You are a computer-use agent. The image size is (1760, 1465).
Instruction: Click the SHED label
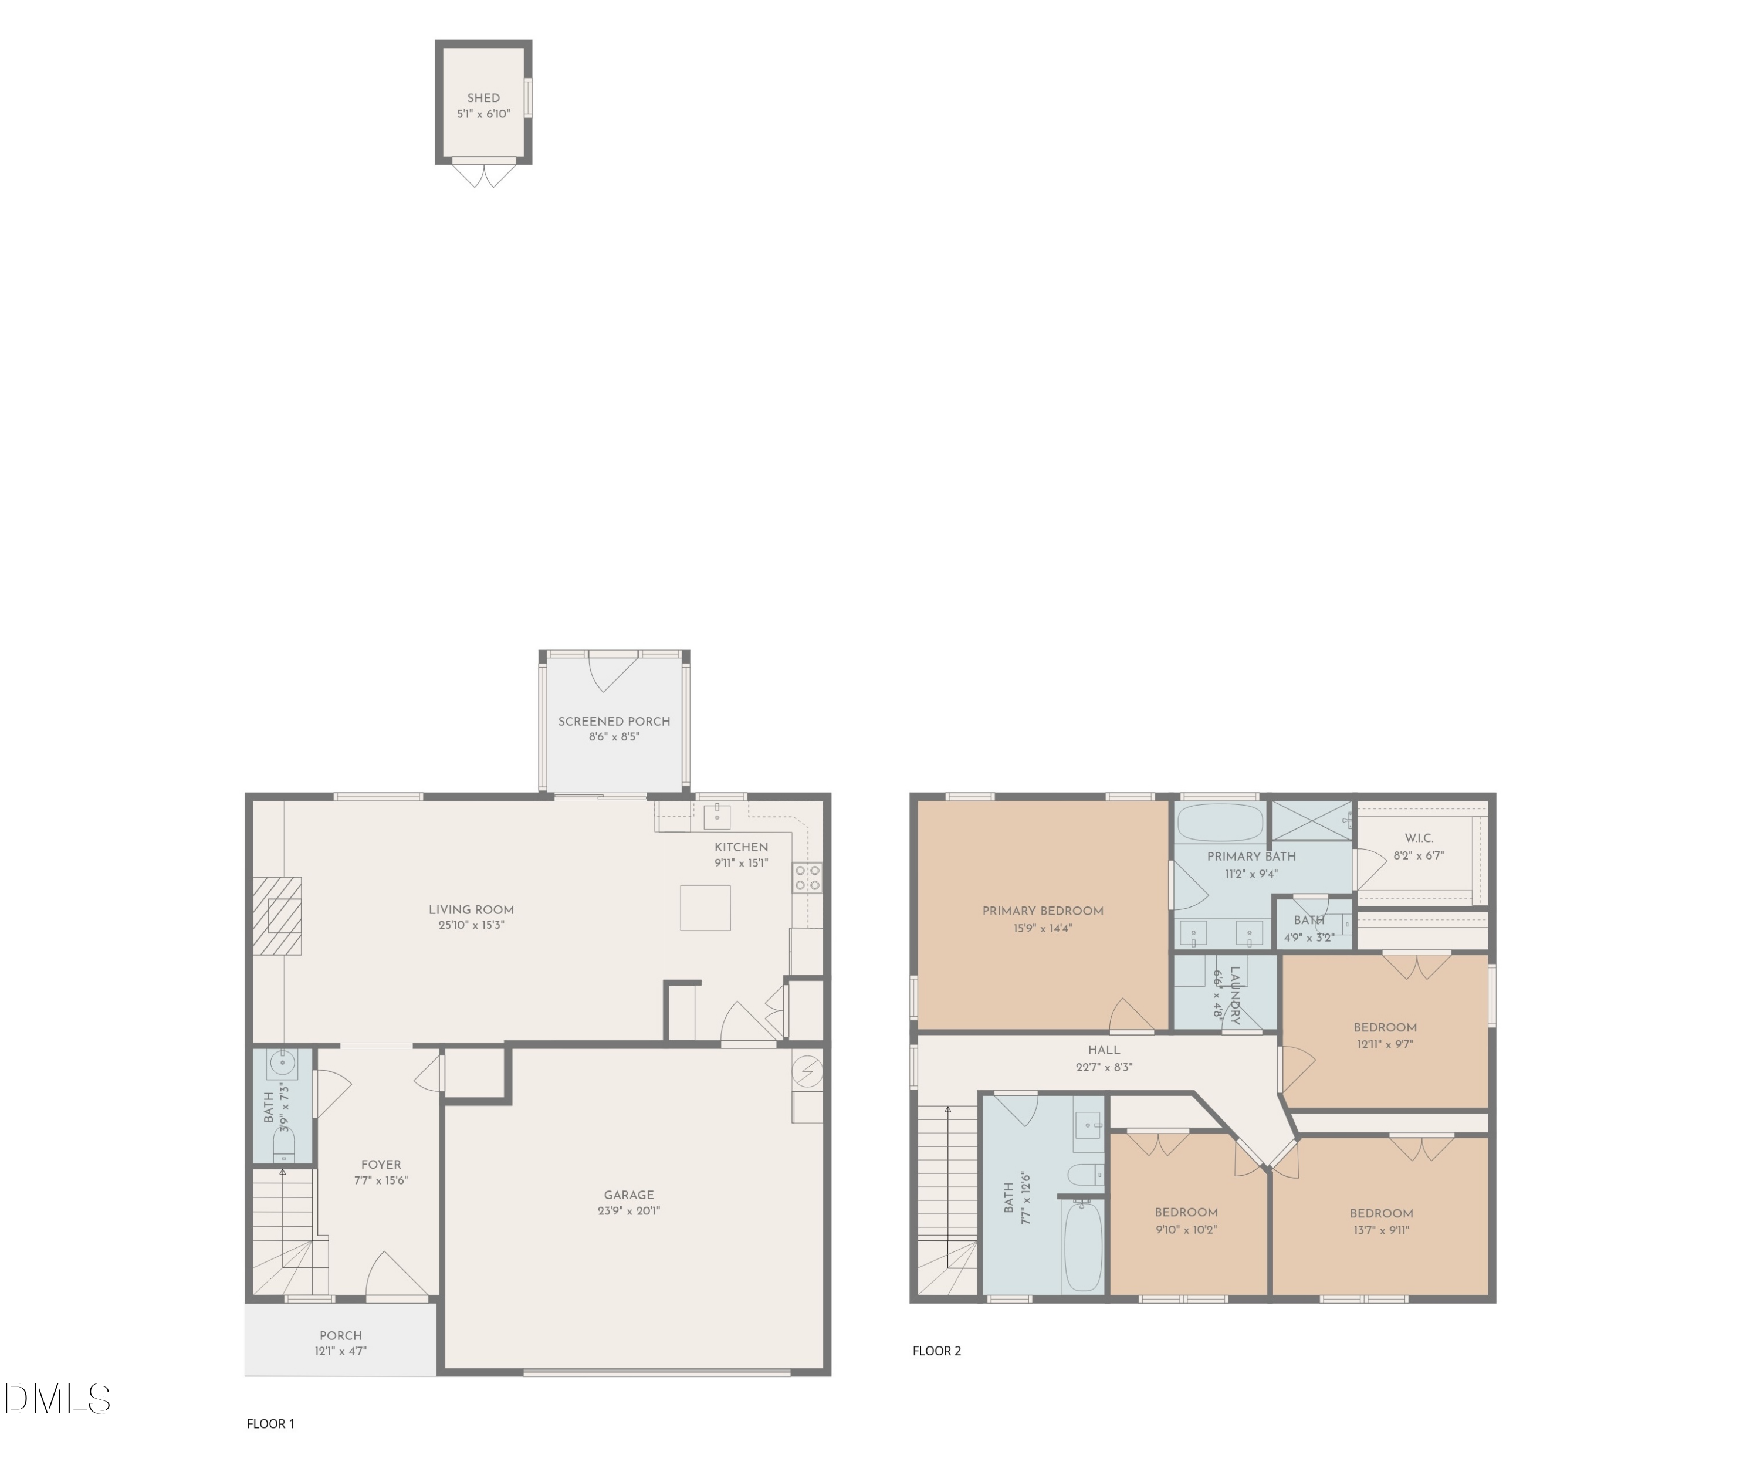483,98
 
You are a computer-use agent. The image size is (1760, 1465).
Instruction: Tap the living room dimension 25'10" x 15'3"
471,925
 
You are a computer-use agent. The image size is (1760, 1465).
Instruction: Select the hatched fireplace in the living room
277,915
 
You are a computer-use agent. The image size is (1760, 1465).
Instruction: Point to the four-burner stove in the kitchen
807,878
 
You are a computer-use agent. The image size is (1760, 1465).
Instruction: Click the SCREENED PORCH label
614,721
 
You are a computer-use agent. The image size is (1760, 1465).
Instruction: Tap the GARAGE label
628,1195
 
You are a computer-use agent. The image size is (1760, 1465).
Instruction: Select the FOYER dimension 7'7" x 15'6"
381,1180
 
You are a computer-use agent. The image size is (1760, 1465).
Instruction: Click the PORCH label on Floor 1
340,1336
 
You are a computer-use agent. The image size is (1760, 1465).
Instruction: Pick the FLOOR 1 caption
270,1424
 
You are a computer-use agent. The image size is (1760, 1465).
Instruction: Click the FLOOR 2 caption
936,1351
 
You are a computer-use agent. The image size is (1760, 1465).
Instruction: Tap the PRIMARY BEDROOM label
1043,911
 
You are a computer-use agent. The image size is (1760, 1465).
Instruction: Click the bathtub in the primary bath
1220,823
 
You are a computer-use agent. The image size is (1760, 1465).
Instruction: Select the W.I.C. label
1419,838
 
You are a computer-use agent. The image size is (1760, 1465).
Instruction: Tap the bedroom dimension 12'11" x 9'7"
1385,1045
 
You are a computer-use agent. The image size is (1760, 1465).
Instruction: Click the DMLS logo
57,1399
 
